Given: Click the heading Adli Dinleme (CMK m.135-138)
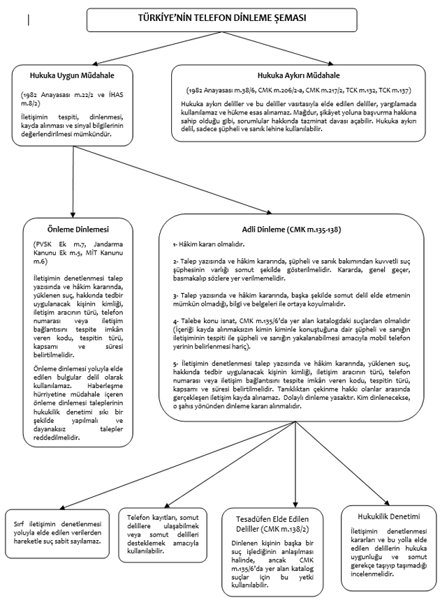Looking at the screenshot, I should pos(295,229).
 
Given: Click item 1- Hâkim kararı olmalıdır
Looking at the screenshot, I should pos(210,245).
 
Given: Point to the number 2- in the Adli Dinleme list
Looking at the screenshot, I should pos(176,260).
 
